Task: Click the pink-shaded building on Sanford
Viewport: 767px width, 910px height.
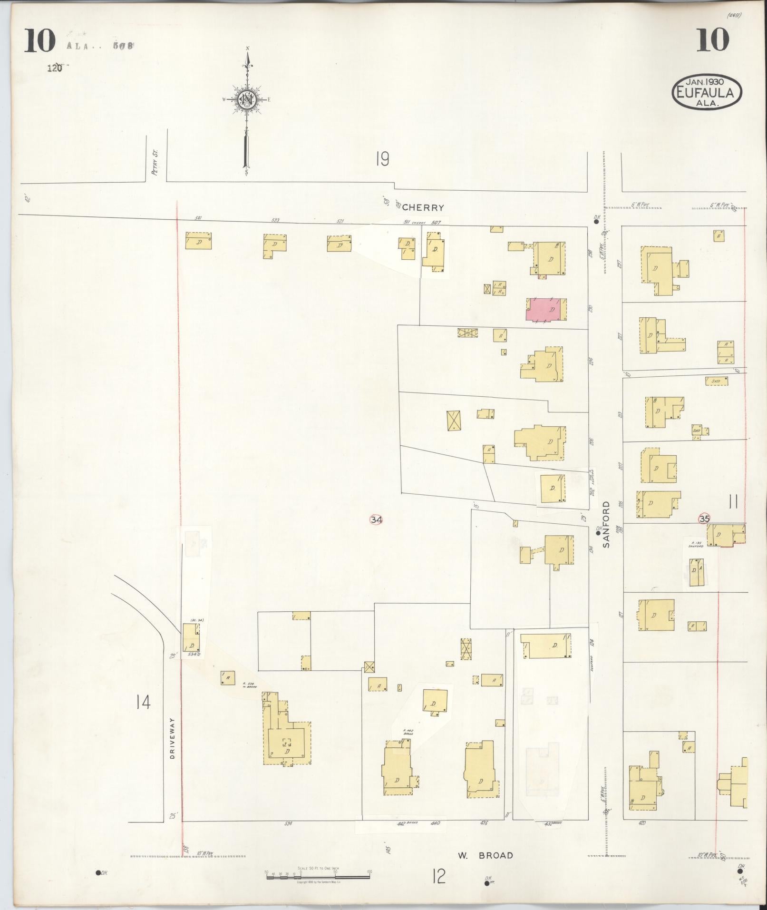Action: pyautogui.click(x=546, y=310)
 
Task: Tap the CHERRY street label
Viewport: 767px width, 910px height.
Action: pyautogui.click(x=423, y=207)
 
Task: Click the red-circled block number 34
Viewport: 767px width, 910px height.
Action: pyautogui.click(x=376, y=519)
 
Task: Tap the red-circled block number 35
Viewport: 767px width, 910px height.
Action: pyautogui.click(x=704, y=519)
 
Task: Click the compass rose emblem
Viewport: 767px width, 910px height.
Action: pyautogui.click(x=247, y=99)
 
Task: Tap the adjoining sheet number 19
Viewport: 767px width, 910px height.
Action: pyautogui.click(x=382, y=158)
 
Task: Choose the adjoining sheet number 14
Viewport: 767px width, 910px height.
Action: pyautogui.click(x=143, y=702)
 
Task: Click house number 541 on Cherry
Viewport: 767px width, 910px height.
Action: pyautogui.click(x=199, y=219)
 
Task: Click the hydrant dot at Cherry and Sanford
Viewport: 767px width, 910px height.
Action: pyautogui.click(x=596, y=221)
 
